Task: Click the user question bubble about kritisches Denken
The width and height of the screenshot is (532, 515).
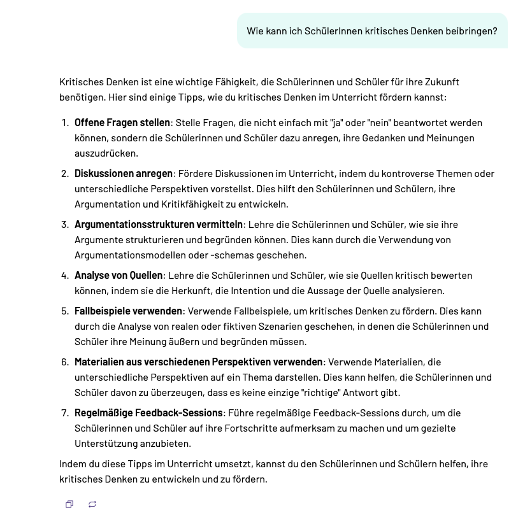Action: pos(372,31)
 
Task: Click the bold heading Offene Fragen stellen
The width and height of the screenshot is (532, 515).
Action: pos(122,123)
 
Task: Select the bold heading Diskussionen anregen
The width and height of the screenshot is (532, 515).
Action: pos(124,174)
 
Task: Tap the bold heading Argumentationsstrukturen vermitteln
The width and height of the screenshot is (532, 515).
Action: pos(159,225)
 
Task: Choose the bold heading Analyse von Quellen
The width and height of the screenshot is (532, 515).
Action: pos(119,276)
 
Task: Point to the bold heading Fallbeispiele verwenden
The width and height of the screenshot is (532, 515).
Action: pos(128,311)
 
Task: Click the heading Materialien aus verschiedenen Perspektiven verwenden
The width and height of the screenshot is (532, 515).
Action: pos(198,362)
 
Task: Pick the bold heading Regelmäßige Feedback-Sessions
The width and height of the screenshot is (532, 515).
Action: pos(148,413)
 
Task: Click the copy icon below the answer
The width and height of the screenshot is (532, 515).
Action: pos(69,504)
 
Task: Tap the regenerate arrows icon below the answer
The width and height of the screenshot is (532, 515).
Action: pos(92,504)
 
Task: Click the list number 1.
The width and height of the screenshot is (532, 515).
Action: pos(64,123)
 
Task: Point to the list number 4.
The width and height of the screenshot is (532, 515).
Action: pos(64,276)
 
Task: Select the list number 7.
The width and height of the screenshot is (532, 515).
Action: pos(64,413)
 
